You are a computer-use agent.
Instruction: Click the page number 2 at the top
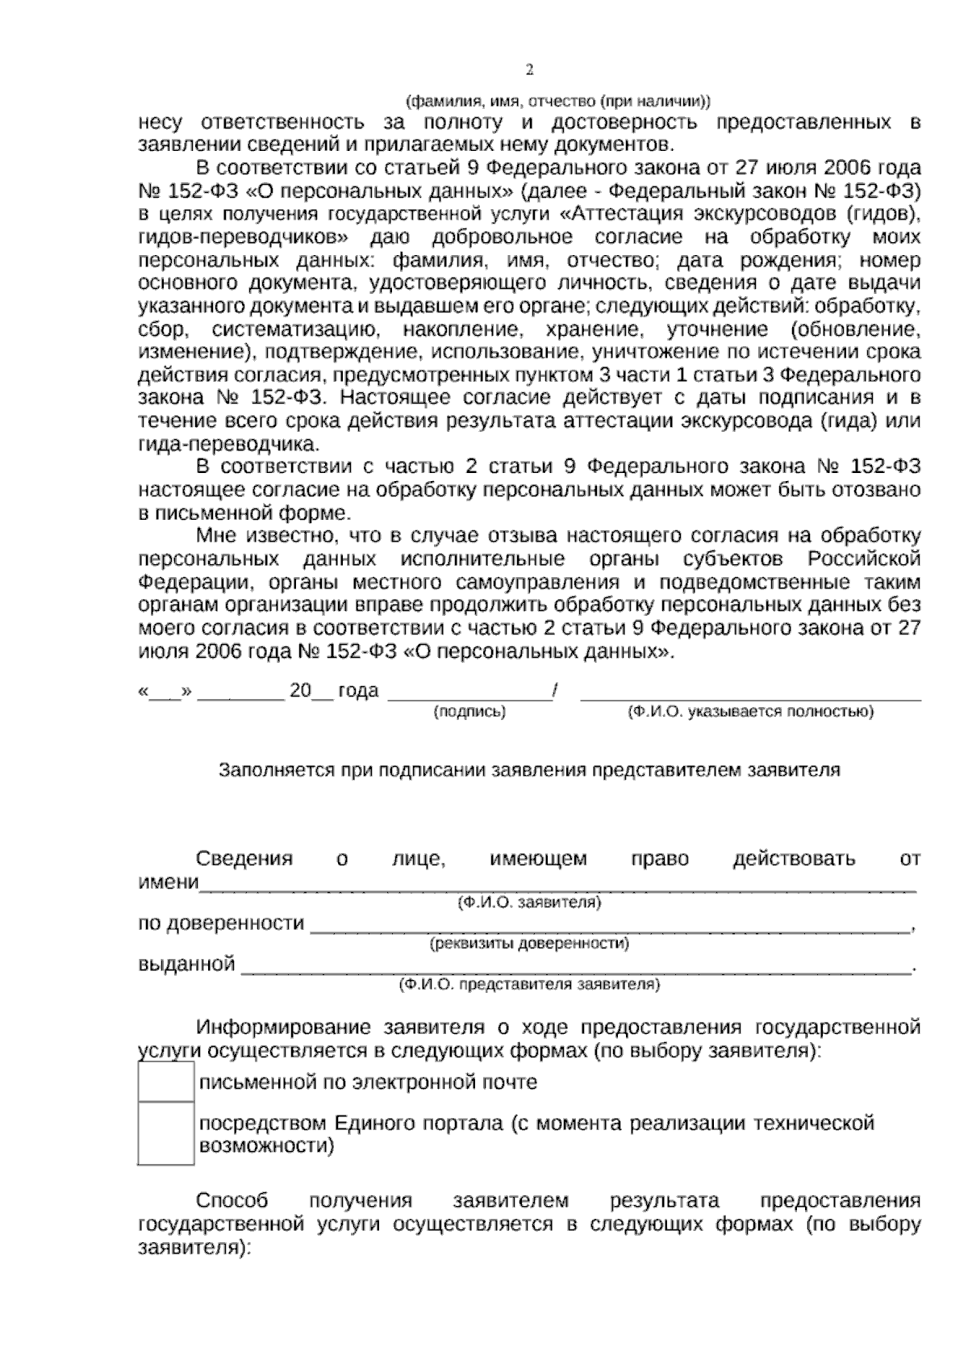(529, 70)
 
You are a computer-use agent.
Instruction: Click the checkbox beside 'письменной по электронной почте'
(165, 1082)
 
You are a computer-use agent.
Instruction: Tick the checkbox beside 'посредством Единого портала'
(165, 1134)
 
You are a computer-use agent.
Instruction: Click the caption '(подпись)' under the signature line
(469, 712)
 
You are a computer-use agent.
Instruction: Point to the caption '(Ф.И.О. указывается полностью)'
(750, 712)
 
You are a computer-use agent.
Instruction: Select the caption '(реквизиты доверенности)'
(529, 943)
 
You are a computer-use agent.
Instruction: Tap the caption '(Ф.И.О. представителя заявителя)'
(529, 985)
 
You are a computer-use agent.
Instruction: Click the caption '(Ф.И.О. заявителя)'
(529, 902)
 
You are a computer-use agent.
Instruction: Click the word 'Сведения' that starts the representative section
(244, 859)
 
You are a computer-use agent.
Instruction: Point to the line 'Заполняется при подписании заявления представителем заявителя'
(529, 770)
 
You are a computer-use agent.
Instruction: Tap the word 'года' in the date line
(358, 691)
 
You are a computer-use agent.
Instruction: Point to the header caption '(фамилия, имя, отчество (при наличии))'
(557, 102)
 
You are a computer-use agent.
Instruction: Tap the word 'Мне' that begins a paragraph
(214, 536)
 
